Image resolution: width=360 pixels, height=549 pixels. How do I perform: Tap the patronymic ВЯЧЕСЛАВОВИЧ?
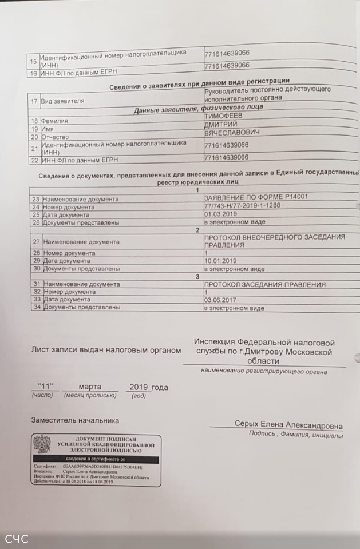pyautogui.click(x=232, y=133)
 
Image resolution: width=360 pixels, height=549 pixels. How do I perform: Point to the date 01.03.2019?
pyautogui.click(x=220, y=214)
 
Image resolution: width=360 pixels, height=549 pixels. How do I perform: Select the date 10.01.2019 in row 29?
pyautogui.click(x=220, y=261)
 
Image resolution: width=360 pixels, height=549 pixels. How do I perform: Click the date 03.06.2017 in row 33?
pyautogui.click(x=220, y=300)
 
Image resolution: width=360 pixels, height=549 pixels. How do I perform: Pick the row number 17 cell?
pyautogui.click(x=34, y=101)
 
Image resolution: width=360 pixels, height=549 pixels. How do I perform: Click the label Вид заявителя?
pyautogui.click(x=62, y=101)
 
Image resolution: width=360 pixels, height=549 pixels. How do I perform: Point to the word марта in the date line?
pyautogui.click(x=90, y=387)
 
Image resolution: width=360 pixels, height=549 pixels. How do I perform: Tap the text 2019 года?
pyautogui.click(x=149, y=387)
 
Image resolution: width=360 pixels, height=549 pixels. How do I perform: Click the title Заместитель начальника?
pyautogui.click(x=75, y=421)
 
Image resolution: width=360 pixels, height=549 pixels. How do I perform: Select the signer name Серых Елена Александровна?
pyautogui.click(x=288, y=425)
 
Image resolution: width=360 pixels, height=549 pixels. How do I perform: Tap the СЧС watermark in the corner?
pyautogui.click(x=17, y=539)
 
